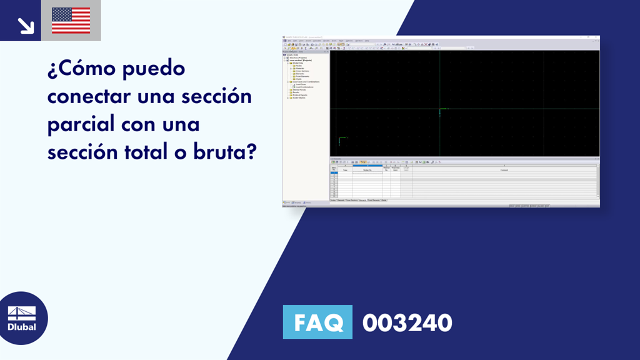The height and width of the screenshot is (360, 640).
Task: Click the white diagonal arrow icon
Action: (x=25, y=25)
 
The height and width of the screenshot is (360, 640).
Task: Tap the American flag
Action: (x=71, y=21)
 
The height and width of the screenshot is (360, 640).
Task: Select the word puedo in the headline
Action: (x=154, y=69)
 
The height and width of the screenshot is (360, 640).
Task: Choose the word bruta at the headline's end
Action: (x=224, y=151)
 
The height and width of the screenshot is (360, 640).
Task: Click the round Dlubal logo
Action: (x=21, y=318)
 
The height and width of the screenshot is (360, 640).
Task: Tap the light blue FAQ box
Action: (x=317, y=322)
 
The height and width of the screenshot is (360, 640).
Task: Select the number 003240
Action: (x=407, y=322)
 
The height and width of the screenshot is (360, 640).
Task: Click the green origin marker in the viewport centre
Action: (x=441, y=112)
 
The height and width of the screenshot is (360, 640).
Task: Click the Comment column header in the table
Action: (x=504, y=169)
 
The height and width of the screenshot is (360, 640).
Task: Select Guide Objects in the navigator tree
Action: (x=297, y=98)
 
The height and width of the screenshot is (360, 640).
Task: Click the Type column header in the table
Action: (x=344, y=169)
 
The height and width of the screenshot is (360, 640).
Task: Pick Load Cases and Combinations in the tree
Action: (x=304, y=81)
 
